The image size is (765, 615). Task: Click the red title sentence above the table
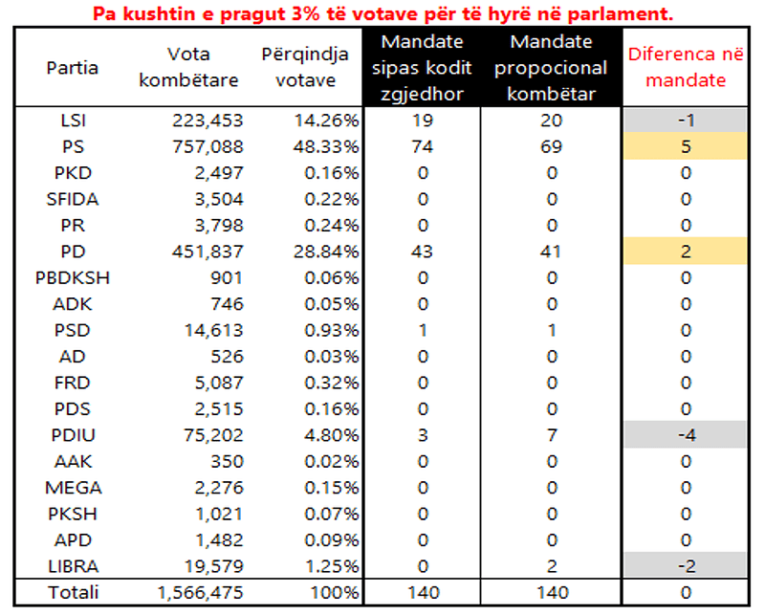pyautogui.click(x=382, y=13)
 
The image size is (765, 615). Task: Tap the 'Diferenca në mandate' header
pyautogui.click(x=685, y=67)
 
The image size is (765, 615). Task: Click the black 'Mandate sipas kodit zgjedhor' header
pyautogui.click(x=421, y=67)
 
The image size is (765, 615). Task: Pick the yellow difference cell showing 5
pyautogui.click(x=685, y=147)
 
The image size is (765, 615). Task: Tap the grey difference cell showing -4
pyautogui.click(x=685, y=435)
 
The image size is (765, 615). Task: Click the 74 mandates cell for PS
pyautogui.click(x=421, y=147)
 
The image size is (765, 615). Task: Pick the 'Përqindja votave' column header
pyautogui.click(x=305, y=67)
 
